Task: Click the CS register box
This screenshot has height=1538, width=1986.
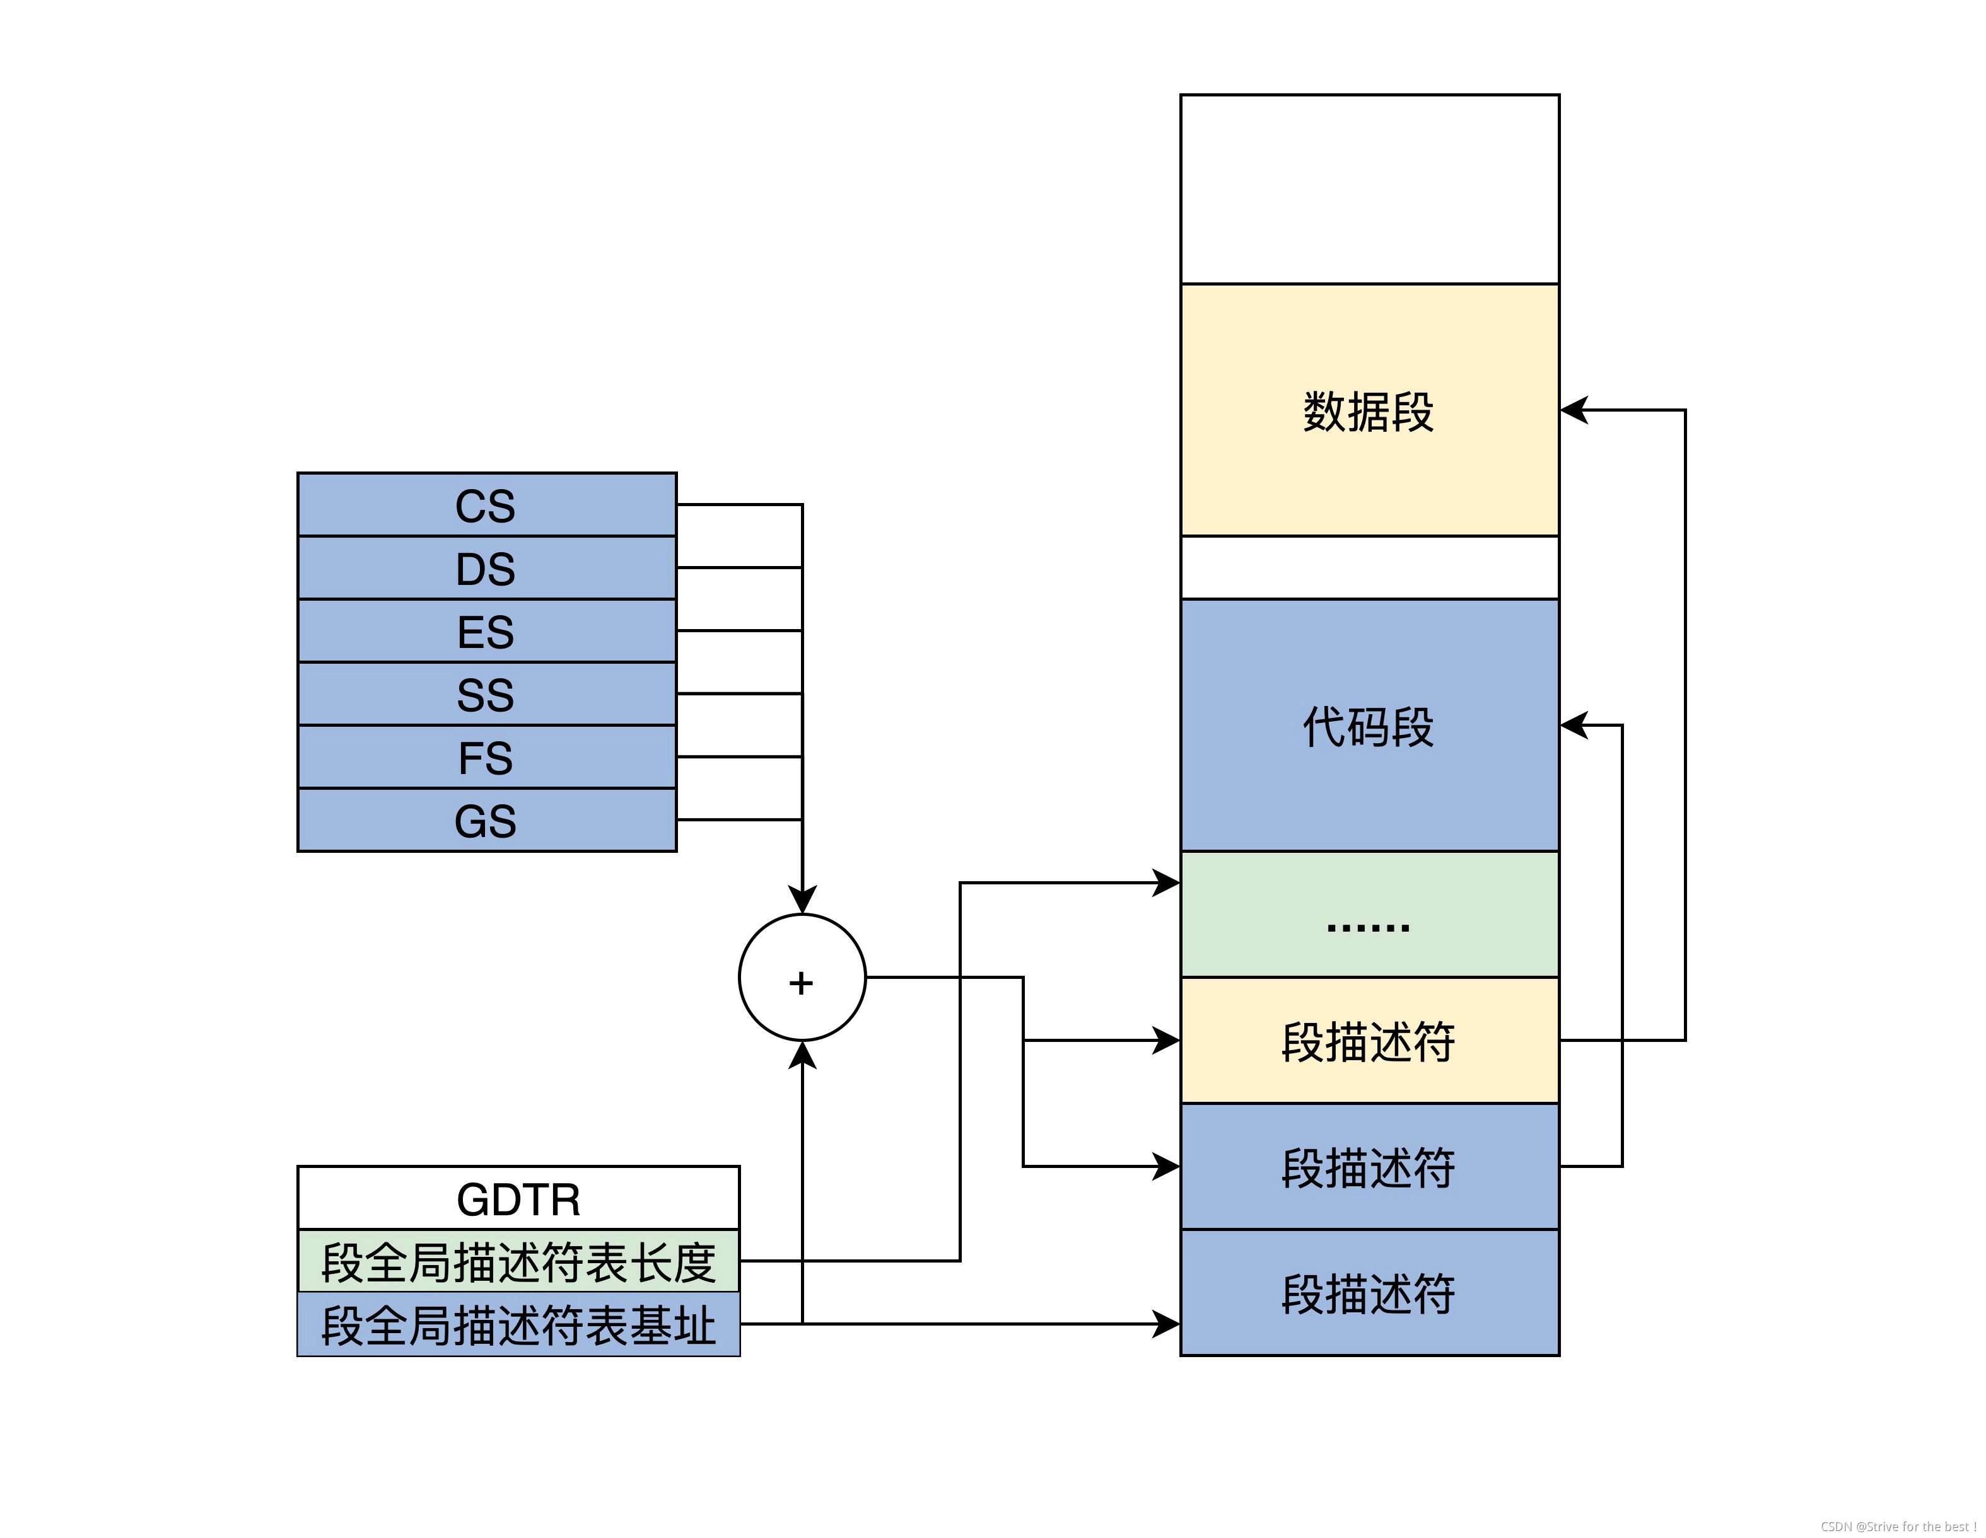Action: click(x=486, y=506)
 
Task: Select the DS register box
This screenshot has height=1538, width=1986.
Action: click(x=486, y=568)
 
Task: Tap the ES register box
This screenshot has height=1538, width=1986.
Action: click(x=486, y=631)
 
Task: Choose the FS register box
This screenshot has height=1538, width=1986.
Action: click(x=486, y=757)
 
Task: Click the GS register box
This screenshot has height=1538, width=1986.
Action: click(x=486, y=820)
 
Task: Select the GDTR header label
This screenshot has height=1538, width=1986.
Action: click(x=518, y=1199)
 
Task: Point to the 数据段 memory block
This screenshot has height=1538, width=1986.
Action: click(x=1369, y=411)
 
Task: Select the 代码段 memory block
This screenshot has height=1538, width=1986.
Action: click(x=1369, y=726)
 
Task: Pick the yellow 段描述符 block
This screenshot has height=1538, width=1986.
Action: click(x=1369, y=1041)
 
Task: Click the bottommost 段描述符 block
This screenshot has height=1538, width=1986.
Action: click(x=1369, y=1293)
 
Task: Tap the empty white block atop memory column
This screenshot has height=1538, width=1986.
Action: click(x=1369, y=189)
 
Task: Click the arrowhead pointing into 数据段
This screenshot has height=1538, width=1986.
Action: click(x=1575, y=410)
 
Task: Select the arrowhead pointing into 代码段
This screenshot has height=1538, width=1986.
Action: click(x=1575, y=726)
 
